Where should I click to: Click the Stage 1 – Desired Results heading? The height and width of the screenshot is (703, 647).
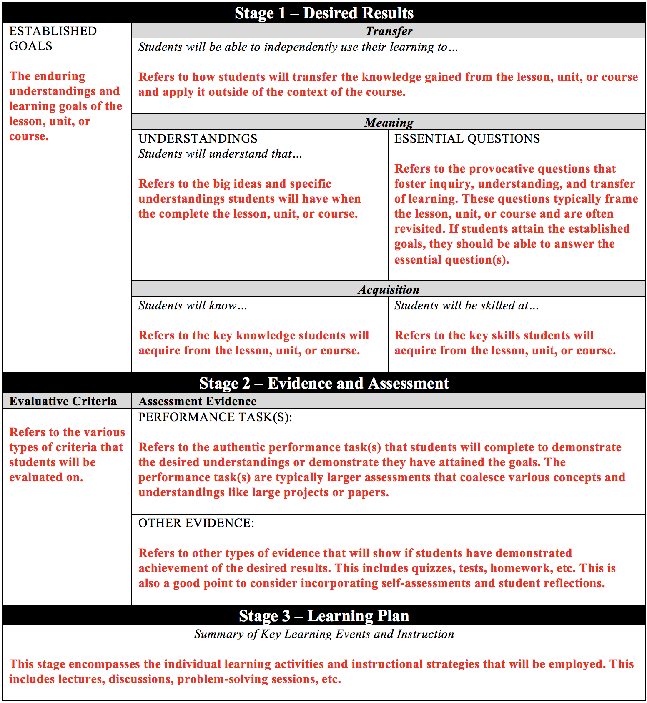[324, 13]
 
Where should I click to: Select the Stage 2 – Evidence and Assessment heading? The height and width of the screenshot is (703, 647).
[324, 383]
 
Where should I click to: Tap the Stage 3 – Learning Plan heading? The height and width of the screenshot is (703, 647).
[324, 616]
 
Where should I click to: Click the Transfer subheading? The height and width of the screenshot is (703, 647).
[389, 31]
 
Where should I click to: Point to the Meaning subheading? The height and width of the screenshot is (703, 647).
[389, 123]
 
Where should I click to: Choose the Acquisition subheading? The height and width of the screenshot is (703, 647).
[389, 289]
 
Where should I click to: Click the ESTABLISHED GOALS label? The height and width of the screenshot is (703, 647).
[53, 38]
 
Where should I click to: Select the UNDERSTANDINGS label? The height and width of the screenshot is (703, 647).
[198, 138]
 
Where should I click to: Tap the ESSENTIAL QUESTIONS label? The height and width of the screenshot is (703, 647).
[467, 138]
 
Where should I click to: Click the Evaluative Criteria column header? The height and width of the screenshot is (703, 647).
[63, 401]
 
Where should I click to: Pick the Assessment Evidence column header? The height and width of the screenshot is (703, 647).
[197, 401]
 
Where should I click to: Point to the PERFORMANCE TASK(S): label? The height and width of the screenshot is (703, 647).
[215, 417]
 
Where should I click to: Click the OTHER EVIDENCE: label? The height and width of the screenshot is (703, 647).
[196, 523]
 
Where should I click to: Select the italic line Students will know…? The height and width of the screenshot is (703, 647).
[193, 306]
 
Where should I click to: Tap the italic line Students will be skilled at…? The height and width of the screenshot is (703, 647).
[466, 306]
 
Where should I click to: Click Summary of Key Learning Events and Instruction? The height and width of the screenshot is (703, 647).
[324, 634]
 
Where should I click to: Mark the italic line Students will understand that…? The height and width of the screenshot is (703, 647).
[220, 154]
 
